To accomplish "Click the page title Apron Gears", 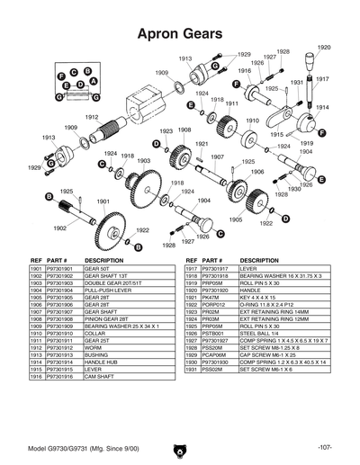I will pos(179,33).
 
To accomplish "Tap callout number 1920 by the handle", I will pos(324,47).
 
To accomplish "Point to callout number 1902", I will pos(59,228).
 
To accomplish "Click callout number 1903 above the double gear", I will pos(142,161).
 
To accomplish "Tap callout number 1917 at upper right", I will pos(321,79).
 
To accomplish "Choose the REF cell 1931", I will pos(191,370).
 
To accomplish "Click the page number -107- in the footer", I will pos(325,447).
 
